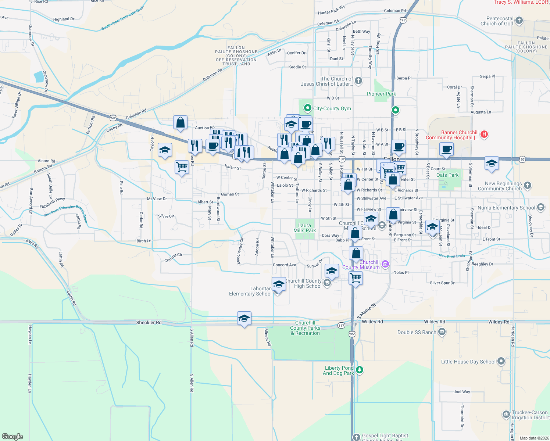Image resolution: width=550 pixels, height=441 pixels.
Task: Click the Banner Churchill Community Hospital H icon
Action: [x=484, y=134]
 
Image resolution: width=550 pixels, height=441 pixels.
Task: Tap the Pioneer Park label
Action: [x=381, y=94]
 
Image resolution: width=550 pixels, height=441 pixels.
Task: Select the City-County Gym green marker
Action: [x=307, y=108]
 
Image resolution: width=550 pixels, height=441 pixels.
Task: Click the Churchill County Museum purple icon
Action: [x=385, y=263]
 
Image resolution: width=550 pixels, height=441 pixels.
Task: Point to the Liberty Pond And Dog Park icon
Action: [x=360, y=370]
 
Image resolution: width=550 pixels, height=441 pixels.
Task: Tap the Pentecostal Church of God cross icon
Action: [x=519, y=21]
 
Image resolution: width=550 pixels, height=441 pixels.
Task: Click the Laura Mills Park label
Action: [x=304, y=228]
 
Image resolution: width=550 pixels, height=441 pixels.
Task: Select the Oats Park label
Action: [x=447, y=175]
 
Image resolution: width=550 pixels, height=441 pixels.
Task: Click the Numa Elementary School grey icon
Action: [x=540, y=207]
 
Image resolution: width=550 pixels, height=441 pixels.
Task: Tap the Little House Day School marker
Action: [x=501, y=361]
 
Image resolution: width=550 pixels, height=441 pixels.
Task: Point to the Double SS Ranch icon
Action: [x=442, y=332]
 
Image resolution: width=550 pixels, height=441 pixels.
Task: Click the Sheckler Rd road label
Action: [x=149, y=323]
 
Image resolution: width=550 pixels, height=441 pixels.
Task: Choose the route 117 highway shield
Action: [x=341, y=326]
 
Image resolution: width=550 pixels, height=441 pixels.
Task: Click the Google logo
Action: [x=12, y=436]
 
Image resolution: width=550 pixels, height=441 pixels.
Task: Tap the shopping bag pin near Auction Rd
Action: [x=180, y=123]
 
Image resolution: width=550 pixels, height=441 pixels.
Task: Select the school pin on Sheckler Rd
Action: [x=244, y=318]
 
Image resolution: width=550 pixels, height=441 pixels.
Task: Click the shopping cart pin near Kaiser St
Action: [x=182, y=167]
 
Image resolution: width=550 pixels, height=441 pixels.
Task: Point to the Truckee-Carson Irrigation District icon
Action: [x=506, y=415]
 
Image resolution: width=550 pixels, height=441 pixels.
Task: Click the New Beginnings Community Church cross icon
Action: [x=528, y=186]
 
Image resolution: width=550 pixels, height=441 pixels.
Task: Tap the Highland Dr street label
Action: [x=64, y=19]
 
